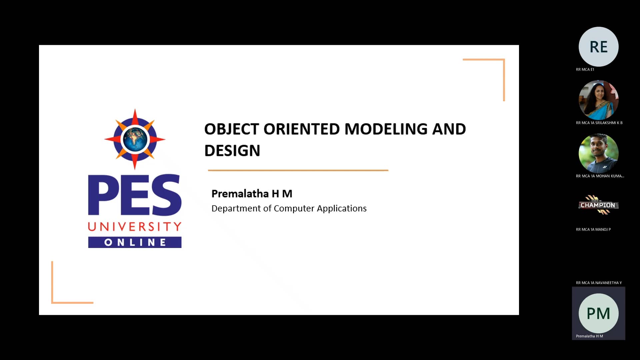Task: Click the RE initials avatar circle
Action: click(x=598, y=47)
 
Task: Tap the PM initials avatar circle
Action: click(x=598, y=313)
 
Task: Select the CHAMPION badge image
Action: click(x=598, y=205)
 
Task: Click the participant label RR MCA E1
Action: click(x=585, y=69)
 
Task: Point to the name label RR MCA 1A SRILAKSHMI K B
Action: click(x=599, y=123)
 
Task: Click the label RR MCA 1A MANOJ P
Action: click(x=593, y=229)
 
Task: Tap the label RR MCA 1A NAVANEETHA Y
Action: click(x=599, y=283)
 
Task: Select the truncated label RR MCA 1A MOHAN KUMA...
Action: click(x=600, y=176)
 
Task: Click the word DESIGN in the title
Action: click(x=232, y=151)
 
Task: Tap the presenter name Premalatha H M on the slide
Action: click(x=252, y=193)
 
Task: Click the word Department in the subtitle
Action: click(x=236, y=209)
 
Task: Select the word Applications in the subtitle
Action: click(x=342, y=209)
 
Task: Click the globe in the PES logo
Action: click(x=135, y=139)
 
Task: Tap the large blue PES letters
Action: click(x=135, y=195)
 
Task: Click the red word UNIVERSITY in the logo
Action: click(x=135, y=227)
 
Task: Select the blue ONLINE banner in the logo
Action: click(x=135, y=242)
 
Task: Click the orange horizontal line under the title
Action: click(x=298, y=170)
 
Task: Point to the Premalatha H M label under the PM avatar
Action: click(x=589, y=336)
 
